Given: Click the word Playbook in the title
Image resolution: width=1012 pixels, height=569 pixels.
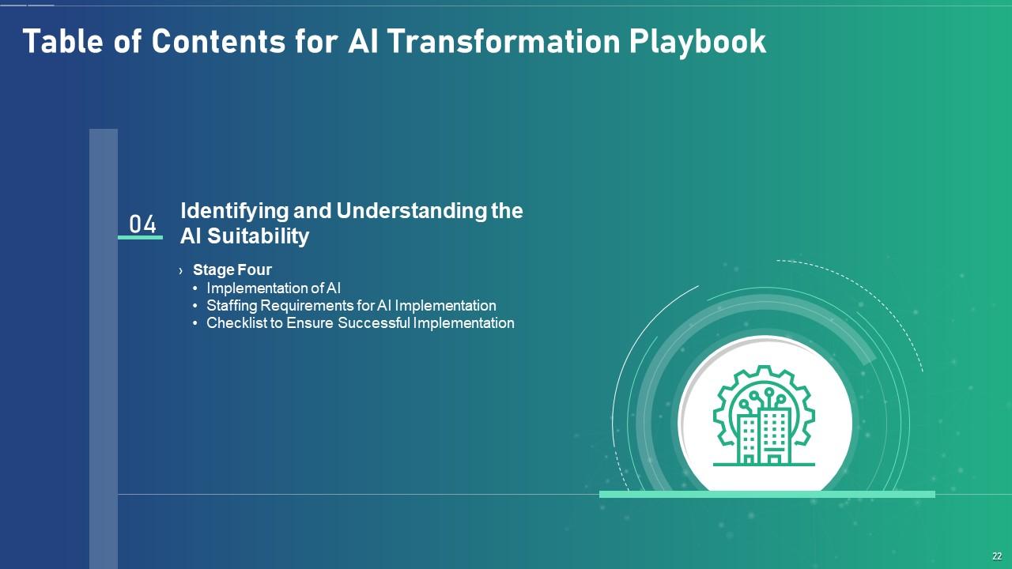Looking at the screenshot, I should point(697,42).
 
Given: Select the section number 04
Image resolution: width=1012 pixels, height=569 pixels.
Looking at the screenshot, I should point(143,224).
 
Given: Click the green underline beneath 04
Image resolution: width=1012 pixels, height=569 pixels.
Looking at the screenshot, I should point(140,237).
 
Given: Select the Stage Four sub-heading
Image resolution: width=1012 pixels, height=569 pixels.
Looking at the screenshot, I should point(232,269).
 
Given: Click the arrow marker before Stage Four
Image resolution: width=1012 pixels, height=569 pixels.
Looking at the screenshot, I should point(181,270).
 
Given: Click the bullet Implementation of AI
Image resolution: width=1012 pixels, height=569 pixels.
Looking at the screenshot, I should point(274,288).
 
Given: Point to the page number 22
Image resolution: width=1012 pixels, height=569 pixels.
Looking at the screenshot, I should point(997,556).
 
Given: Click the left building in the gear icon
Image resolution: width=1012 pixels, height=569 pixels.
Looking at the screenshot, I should point(748,439).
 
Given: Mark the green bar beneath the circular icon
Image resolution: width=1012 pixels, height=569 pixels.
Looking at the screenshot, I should point(767,494).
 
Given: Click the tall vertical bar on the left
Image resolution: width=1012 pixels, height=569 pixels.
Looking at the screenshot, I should point(104,348).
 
